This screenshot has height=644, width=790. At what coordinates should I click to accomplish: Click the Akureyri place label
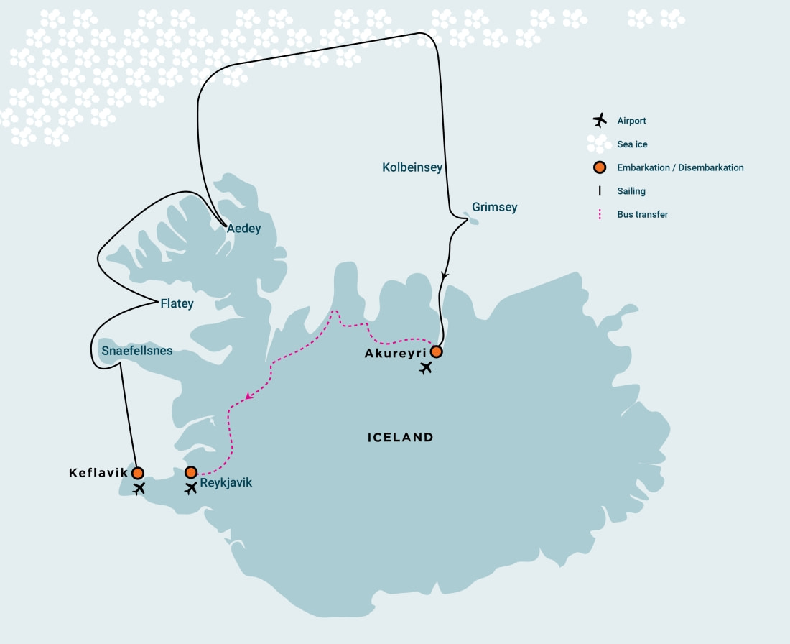coord(396,353)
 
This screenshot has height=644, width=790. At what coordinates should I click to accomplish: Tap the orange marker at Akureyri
coord(436,352)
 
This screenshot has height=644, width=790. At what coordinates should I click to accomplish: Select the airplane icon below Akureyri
coord(427,369)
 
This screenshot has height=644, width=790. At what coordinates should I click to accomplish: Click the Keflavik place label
coord(98,473)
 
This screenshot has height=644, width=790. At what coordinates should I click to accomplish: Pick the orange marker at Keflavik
coord(137,473)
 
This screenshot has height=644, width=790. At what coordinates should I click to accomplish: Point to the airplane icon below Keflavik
coord(139,489)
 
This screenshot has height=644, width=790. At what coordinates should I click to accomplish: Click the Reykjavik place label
coord(226,483)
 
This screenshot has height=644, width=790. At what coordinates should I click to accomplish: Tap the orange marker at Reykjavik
coord(191,472)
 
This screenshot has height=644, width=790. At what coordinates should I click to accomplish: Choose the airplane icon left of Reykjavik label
coord(191,489)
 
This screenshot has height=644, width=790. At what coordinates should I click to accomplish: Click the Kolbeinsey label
coord(412,167)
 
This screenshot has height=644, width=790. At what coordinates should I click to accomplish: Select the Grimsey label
coord(494,208)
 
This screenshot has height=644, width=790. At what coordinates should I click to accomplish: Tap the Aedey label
coord(244,229)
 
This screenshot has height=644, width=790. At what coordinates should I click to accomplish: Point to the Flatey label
coord(177,304)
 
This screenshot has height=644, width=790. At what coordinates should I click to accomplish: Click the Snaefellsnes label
coord(137,351)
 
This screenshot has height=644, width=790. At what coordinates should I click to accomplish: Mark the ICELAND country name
coord(400,437)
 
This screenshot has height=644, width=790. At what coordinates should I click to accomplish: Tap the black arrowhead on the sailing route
coord(445,275)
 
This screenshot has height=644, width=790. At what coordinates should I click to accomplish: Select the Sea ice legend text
coord(632,144)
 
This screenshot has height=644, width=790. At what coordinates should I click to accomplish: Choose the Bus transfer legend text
coord(643,214)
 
